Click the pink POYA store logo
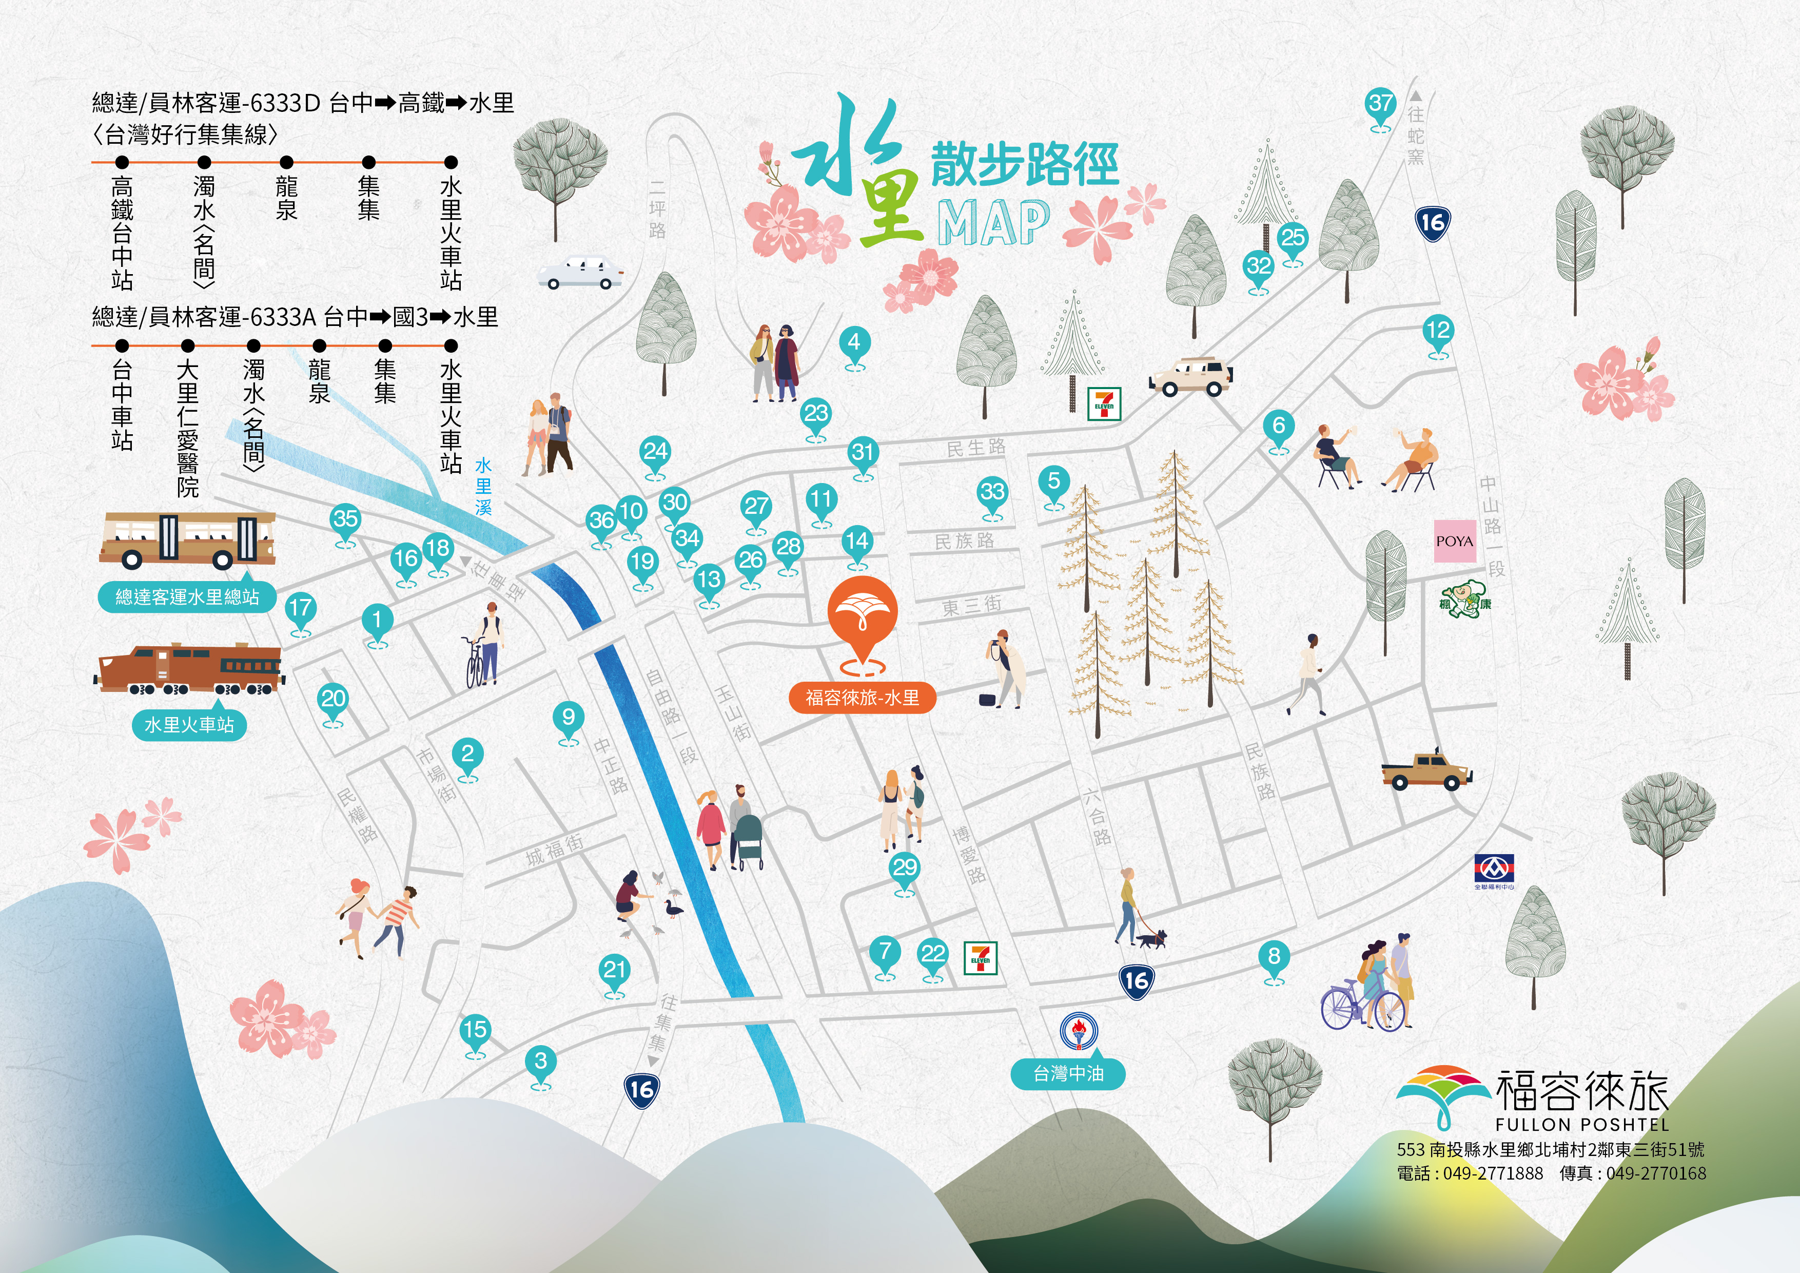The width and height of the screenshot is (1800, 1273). [x=1454, y=541]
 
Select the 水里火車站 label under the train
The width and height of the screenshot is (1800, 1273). [x=189, y=725]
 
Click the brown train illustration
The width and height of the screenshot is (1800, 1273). [x=189, y=669]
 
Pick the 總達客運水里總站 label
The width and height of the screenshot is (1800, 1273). [x=187, y=597]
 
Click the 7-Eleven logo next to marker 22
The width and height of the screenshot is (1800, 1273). [x=980, y=957]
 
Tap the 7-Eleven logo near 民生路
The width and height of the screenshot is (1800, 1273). [x=1104, y=404]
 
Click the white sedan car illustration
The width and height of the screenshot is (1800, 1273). [x=580, y=272]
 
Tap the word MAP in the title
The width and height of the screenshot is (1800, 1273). [x=993, y=223]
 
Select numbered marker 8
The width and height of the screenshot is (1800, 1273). [x=1274, y=957]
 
